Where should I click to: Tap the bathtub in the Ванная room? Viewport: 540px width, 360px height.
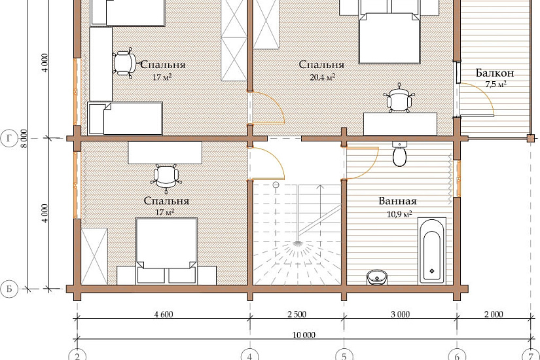click(x=432, y=251)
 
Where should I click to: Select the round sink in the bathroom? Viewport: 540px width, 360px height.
click(x=377, y=278)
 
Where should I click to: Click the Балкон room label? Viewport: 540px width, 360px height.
click(x=495, y=73)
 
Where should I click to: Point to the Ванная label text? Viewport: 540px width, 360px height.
click(x=398, y=201)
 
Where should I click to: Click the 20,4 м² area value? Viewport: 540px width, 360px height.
click(x=322, y=77)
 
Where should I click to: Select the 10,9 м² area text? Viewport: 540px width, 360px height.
click(x=399, y=214)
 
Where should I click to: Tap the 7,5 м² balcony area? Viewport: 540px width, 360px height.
click(x=496, y=84)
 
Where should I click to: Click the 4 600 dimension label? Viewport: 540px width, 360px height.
click(x=164, y=314)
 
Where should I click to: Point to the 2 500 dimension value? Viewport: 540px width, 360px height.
click(x=297, y=314)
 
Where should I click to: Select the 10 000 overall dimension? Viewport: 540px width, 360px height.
click(x=304, y=335)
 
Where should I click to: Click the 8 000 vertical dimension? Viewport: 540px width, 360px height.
click(x=24, y=139)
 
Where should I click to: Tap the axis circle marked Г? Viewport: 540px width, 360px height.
click(x=9, y=139)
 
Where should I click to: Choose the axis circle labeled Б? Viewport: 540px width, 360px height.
click(x=9, y=289)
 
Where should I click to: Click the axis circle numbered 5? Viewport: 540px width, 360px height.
click(x=344, y=355)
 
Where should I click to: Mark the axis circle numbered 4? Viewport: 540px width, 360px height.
click(x=250, y=355)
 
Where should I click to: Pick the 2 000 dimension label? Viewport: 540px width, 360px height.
click(x=493, y=314)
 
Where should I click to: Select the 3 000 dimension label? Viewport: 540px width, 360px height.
click(x=401, y=314)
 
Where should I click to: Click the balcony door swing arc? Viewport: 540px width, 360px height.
click(x=484, y=92)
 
